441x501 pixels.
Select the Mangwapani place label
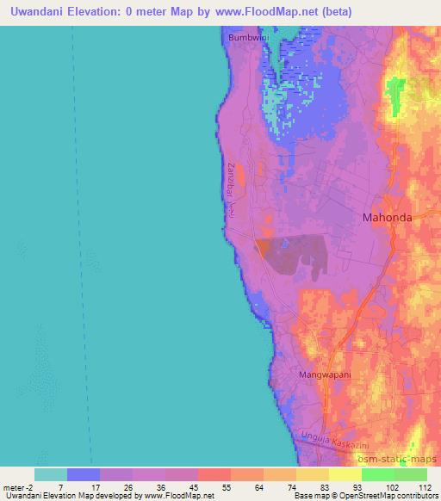(326, 375)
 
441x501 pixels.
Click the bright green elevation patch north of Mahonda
(396, 95)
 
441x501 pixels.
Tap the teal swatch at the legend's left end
(51, 474)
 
